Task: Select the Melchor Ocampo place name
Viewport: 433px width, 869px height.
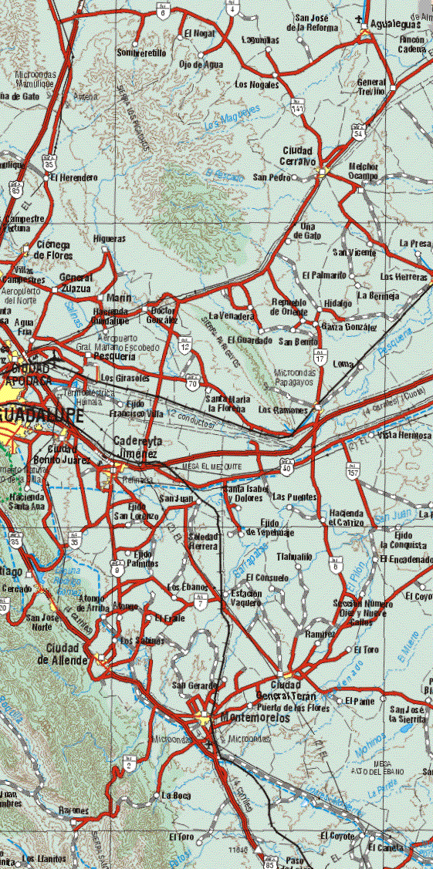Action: point(363,171)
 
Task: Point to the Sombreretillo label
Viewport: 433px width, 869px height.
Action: point(141,52)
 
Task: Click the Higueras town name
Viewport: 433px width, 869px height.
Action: point(109,239)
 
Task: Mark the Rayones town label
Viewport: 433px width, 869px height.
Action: point(74,810)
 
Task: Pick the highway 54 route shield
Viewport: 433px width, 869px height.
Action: point(357,132)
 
